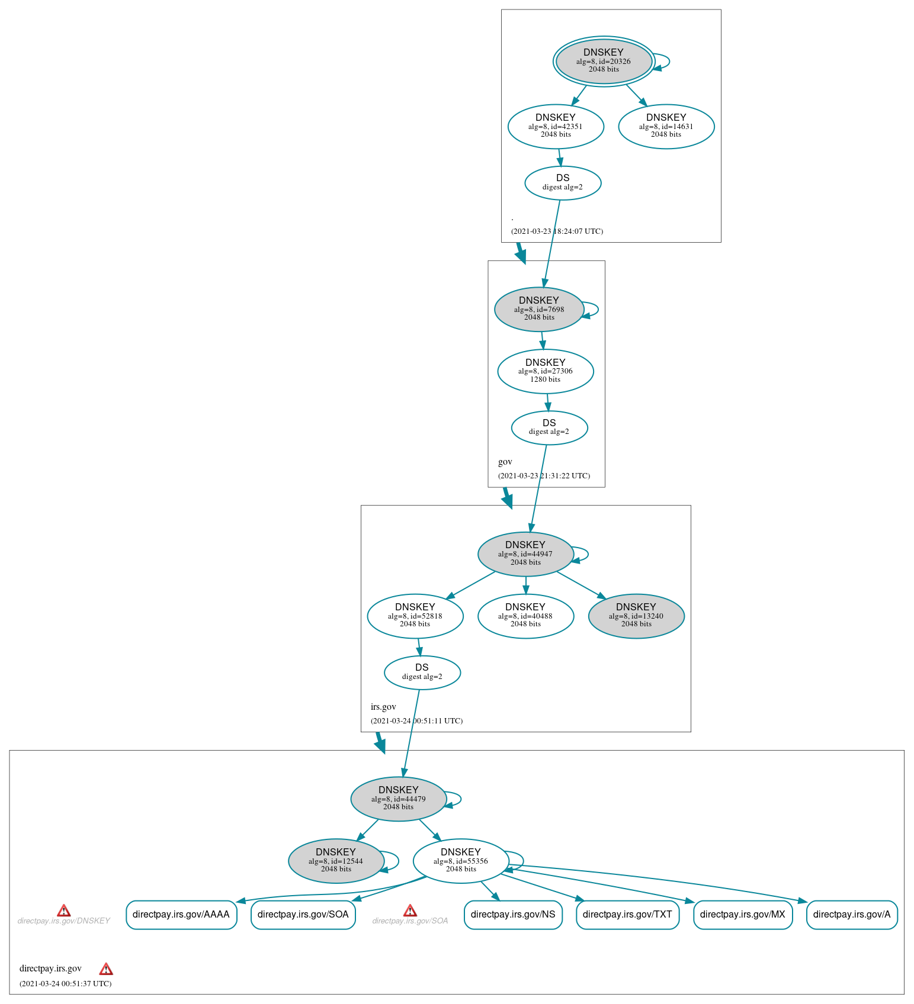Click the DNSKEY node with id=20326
(x=604, y=61)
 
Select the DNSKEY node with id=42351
(x=556, y=126)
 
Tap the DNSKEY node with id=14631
(x=666, y=126)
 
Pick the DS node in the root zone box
(x=563, y=182)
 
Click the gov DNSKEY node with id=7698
(x=539, y=309)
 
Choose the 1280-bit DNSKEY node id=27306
(x=545, y=371)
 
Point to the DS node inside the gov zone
(x=549, y=427)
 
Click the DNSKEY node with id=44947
(x=525, y=554)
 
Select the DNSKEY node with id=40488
(x=525, y=616)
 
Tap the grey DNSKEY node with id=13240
(x=636, y=616)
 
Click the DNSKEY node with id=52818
(x=415, y=616)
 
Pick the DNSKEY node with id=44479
(x=399, y=799)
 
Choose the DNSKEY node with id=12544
(x=336, y=861)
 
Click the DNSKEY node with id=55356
(x=460, y=861)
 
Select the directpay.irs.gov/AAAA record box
(x=181, y=915)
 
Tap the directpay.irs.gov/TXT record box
(x=627, y=915)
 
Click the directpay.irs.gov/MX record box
(x=742, y=915)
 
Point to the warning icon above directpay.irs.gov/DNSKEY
(x=64, y=910)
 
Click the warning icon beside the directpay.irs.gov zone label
(x=106, y=969)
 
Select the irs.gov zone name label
(x=383, y=707)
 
